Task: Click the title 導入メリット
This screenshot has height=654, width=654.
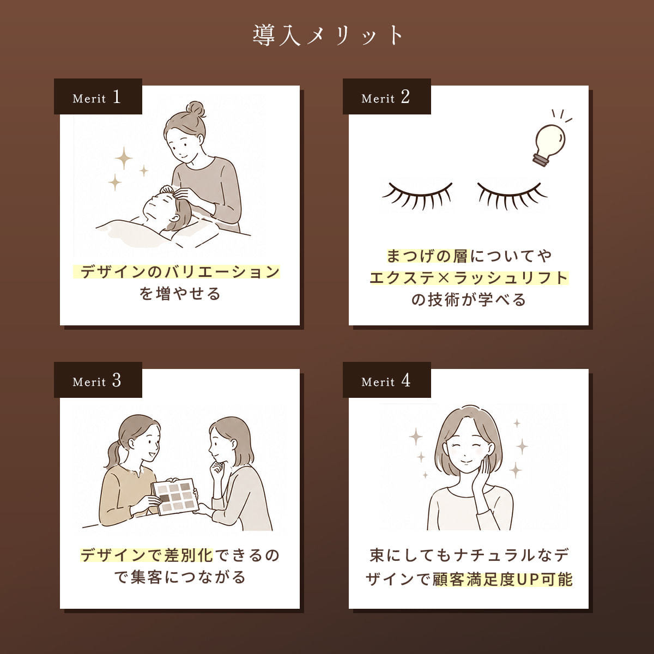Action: click(x=327, y=35)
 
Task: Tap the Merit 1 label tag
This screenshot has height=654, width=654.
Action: click(x=98, y=96)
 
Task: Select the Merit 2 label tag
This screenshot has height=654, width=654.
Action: click(x=386, y=96)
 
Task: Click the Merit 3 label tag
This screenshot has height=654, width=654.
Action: click(x=98, y=380)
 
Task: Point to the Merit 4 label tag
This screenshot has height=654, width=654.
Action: click(x=386, y=380)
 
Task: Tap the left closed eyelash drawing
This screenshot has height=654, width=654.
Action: click(x=418, y=196)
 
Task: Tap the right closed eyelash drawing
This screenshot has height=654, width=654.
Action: click(x=511, y=196)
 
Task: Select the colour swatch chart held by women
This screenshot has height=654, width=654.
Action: click(x=175, y=496)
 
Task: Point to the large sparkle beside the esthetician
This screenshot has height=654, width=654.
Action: click(x=124, y=158)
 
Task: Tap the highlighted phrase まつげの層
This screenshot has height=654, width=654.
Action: click(x=427, y=256)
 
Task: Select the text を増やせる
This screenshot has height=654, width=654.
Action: click(x=180, y=294)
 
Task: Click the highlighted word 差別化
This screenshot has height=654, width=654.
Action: click(x=189, y=555)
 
